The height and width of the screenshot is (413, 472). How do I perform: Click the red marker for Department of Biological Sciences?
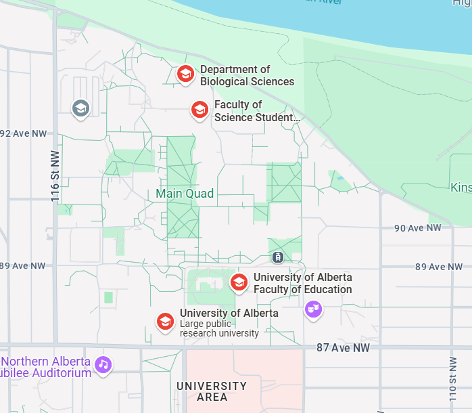point(185,74)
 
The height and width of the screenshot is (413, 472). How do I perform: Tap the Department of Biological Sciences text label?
point(247,75)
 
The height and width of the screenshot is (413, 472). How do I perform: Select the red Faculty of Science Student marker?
point(199,109)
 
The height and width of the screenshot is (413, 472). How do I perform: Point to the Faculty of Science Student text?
point(257,111)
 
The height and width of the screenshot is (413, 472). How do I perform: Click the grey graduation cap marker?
point(80,107)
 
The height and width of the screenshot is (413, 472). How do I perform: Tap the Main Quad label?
point(185,194)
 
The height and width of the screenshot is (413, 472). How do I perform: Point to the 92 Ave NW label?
point(23,133)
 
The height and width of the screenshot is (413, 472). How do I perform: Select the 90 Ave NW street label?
point(417,228)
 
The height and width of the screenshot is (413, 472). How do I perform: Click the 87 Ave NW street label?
point(344,347)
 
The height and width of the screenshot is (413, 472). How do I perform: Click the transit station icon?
point(277,257)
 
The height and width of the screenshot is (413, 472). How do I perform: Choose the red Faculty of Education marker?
point(239,282)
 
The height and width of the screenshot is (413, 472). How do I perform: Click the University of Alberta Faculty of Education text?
point(302,284)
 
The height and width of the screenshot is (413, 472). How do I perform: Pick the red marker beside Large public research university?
point(165,322)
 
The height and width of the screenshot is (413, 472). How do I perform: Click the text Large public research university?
point(219,328)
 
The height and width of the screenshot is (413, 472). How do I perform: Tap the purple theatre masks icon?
point(312,309)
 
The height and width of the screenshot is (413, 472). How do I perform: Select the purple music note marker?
point(103,364)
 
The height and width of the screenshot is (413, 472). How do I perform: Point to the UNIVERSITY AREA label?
point(212,391)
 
